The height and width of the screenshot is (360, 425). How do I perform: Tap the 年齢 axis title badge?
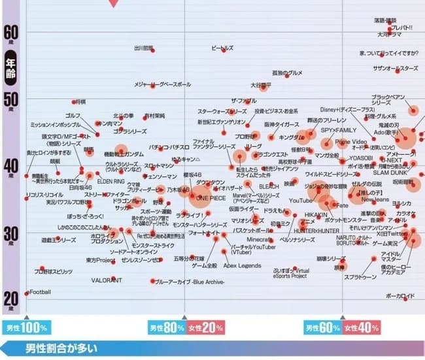point(10,69)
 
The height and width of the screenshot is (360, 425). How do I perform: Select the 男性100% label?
point(26,327)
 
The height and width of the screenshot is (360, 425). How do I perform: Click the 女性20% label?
point(205,327)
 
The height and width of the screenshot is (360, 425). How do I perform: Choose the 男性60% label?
point(321,327)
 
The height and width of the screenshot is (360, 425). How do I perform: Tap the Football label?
point(40,291)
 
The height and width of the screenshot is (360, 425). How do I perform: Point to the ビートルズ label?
point(222,48)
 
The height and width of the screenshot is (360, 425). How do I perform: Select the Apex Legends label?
point(242,265)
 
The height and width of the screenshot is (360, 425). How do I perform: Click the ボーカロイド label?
point(399,296)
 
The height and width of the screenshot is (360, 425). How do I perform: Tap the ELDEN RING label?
point(110,181)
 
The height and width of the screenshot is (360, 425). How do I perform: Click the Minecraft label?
point(259,240)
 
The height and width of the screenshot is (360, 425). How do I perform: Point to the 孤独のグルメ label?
point(288,73)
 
